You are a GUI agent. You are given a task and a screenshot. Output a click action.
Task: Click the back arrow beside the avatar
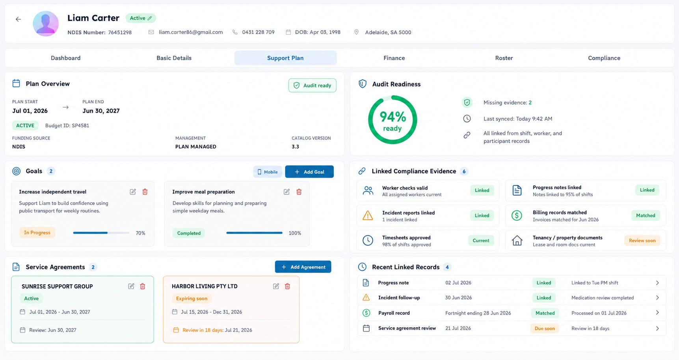(x=18, y=19)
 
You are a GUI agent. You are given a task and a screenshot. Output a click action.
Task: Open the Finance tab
(x=394, y=58)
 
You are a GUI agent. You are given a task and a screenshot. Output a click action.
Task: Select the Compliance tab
(x=604, y=58)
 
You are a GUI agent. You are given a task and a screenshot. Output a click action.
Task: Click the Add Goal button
(x=309, y=172)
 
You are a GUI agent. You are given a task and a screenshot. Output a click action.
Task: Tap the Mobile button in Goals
(x=268, y=172)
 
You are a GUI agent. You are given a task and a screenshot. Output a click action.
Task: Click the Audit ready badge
(x=312, y=86)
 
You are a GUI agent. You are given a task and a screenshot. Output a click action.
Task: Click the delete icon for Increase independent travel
(x=145, y=192)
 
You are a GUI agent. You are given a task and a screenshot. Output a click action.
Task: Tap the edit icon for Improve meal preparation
(x=286, y=192)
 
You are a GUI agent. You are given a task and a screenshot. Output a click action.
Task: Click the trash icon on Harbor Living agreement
(x=287, y=286)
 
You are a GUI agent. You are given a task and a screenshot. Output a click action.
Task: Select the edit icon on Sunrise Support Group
(x=131, y=286)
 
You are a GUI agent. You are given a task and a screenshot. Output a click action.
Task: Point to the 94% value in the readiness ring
(x=393, y=117)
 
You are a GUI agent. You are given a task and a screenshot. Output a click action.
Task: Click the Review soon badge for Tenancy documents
(x=642, y=241)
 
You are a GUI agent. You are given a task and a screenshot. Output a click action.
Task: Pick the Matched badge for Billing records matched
(x=646, y=215)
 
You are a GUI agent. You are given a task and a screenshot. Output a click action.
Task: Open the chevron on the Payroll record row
(x=657, y=313)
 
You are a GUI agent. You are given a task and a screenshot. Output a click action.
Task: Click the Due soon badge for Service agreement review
(x=545, y=328)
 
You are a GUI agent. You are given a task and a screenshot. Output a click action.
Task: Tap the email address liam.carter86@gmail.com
(x=191, y=32)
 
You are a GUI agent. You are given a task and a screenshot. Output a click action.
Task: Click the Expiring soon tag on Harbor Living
(x=192, y=298)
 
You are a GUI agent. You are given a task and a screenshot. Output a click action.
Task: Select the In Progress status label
(x=37, y=233)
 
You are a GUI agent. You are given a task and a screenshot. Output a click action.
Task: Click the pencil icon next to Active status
(x=150, y=18)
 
